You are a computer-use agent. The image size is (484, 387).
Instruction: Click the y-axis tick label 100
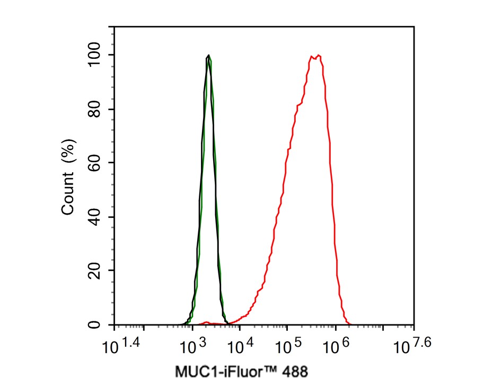(x=97, y=55)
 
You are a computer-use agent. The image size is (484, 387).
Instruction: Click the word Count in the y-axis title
(x=68, y=197)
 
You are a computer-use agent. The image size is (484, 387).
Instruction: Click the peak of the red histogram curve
(x=318, y=55)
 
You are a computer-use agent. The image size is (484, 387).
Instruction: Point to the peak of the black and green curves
(x=209, y=55)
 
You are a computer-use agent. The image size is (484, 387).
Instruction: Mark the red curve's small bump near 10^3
(x=206, y=322)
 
